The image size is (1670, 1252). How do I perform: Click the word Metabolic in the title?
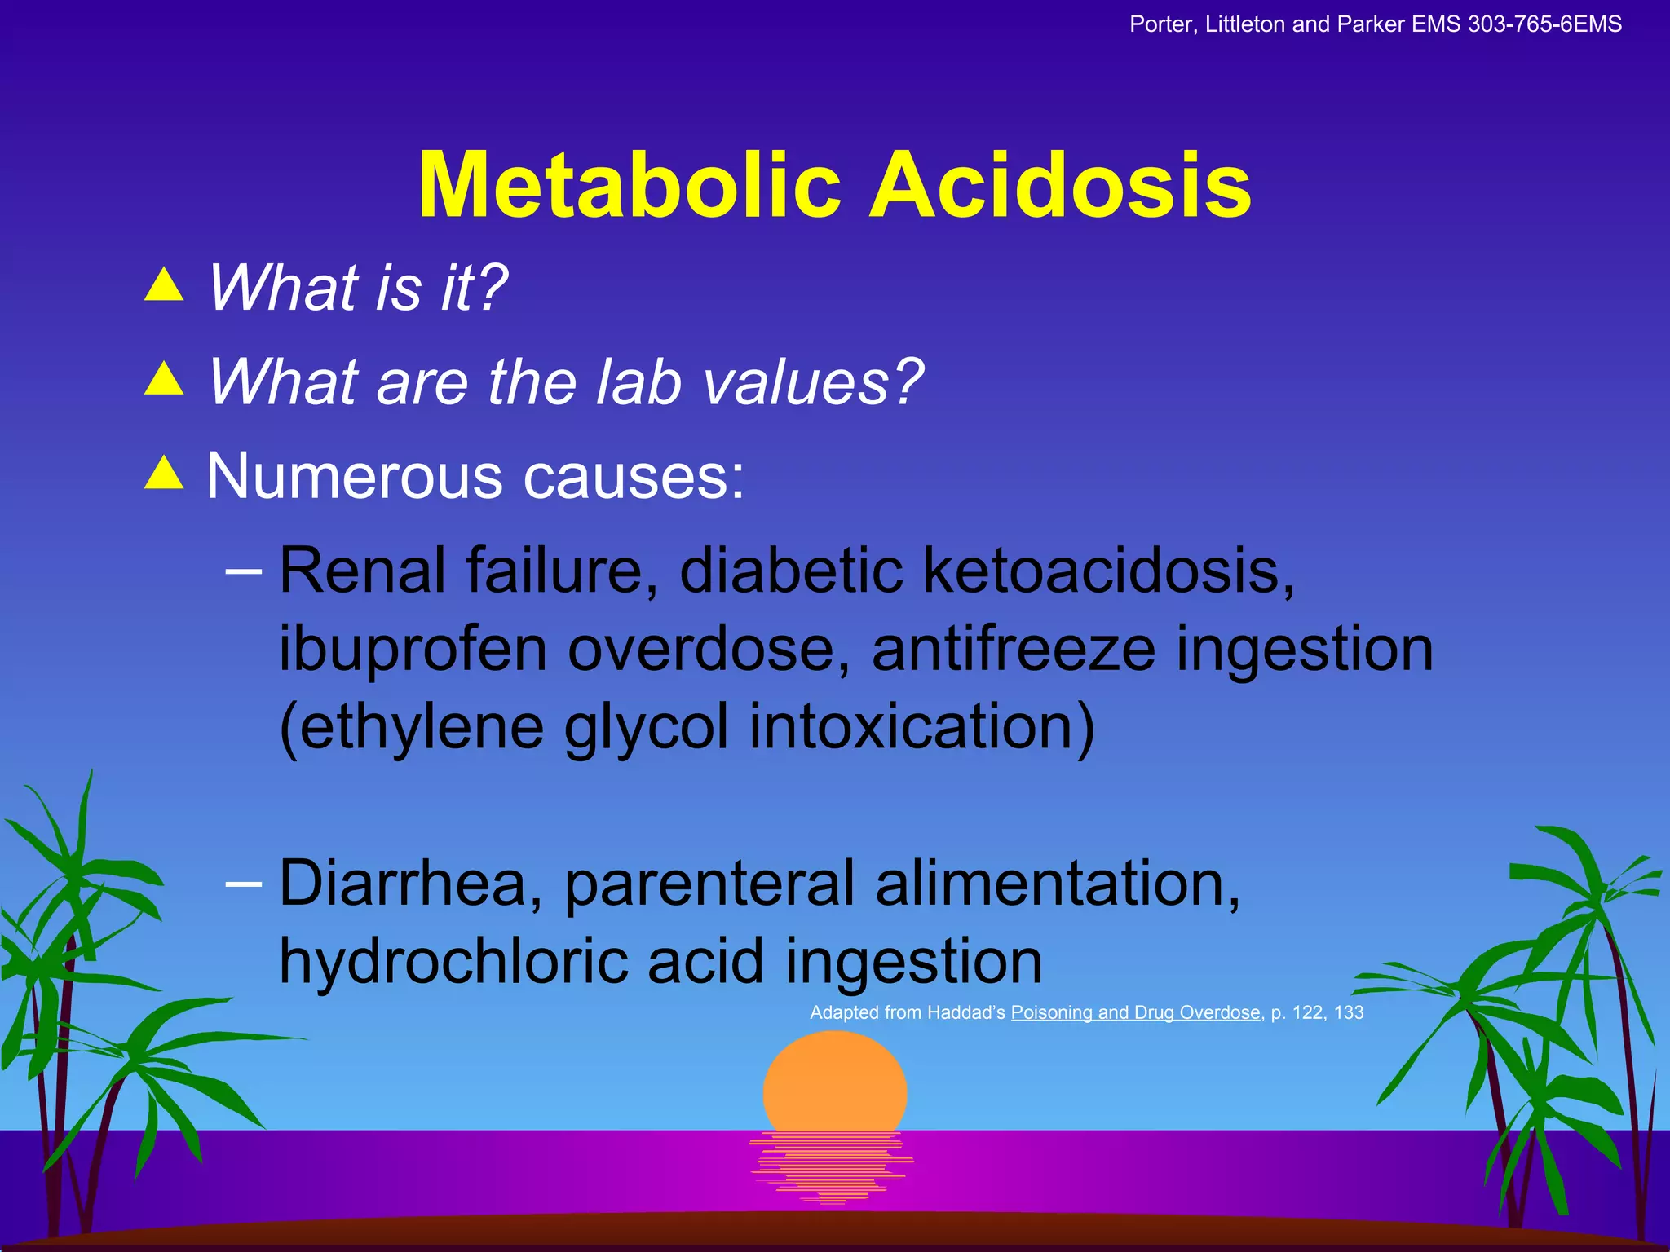(629, 186)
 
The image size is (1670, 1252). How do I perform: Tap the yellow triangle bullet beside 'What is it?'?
(164, 285)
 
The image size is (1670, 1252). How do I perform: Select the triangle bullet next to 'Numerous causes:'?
(164, 473)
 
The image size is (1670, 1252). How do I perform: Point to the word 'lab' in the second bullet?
(638, 381)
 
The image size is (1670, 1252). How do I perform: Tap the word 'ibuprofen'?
(413, 650)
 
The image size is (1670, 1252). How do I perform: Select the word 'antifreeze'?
(1014, 650)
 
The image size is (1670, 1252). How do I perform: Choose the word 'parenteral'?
(709, 883)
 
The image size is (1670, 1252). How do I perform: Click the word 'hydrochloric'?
(453, 961)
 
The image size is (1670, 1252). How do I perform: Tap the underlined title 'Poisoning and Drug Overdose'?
(1136, 1012)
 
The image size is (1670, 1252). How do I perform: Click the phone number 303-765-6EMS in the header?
(1544, 24)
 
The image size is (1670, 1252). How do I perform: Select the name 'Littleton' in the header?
(1244, 24)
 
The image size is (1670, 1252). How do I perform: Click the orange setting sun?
(834, 1084)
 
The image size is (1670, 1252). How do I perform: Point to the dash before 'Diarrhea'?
(243, 883)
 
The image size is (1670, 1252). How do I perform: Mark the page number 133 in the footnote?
(1349, 1012)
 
